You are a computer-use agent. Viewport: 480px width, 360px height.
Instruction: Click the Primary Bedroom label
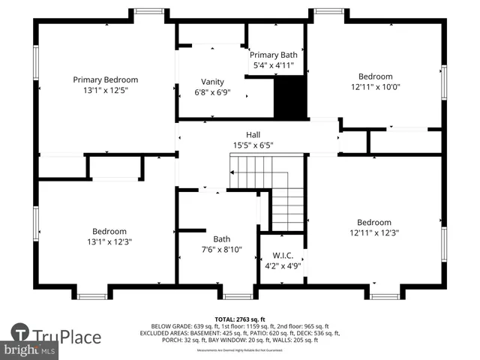[105, 79]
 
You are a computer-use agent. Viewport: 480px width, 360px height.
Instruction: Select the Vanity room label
[212, 82]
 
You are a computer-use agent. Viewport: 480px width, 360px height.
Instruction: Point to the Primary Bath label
[274, 55]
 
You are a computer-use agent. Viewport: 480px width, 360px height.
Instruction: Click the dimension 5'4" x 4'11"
[274, 66]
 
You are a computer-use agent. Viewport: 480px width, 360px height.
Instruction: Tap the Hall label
[243, 134]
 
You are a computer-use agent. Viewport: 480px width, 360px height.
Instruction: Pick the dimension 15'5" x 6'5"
[243, 145]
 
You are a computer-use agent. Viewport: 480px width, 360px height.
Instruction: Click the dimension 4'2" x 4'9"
[282, 265]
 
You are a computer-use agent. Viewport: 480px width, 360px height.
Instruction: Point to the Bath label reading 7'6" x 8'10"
[222, 239]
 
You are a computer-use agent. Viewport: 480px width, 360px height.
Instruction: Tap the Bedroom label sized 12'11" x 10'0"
[375, 76]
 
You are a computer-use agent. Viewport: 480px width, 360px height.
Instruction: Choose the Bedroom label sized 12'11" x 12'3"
[374, 222]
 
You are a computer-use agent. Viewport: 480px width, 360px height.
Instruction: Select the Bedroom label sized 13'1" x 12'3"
[109, 231]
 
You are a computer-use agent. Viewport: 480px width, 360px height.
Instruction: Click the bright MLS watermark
[30, 349]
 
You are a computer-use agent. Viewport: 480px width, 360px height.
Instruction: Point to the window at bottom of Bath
[238, 296]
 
